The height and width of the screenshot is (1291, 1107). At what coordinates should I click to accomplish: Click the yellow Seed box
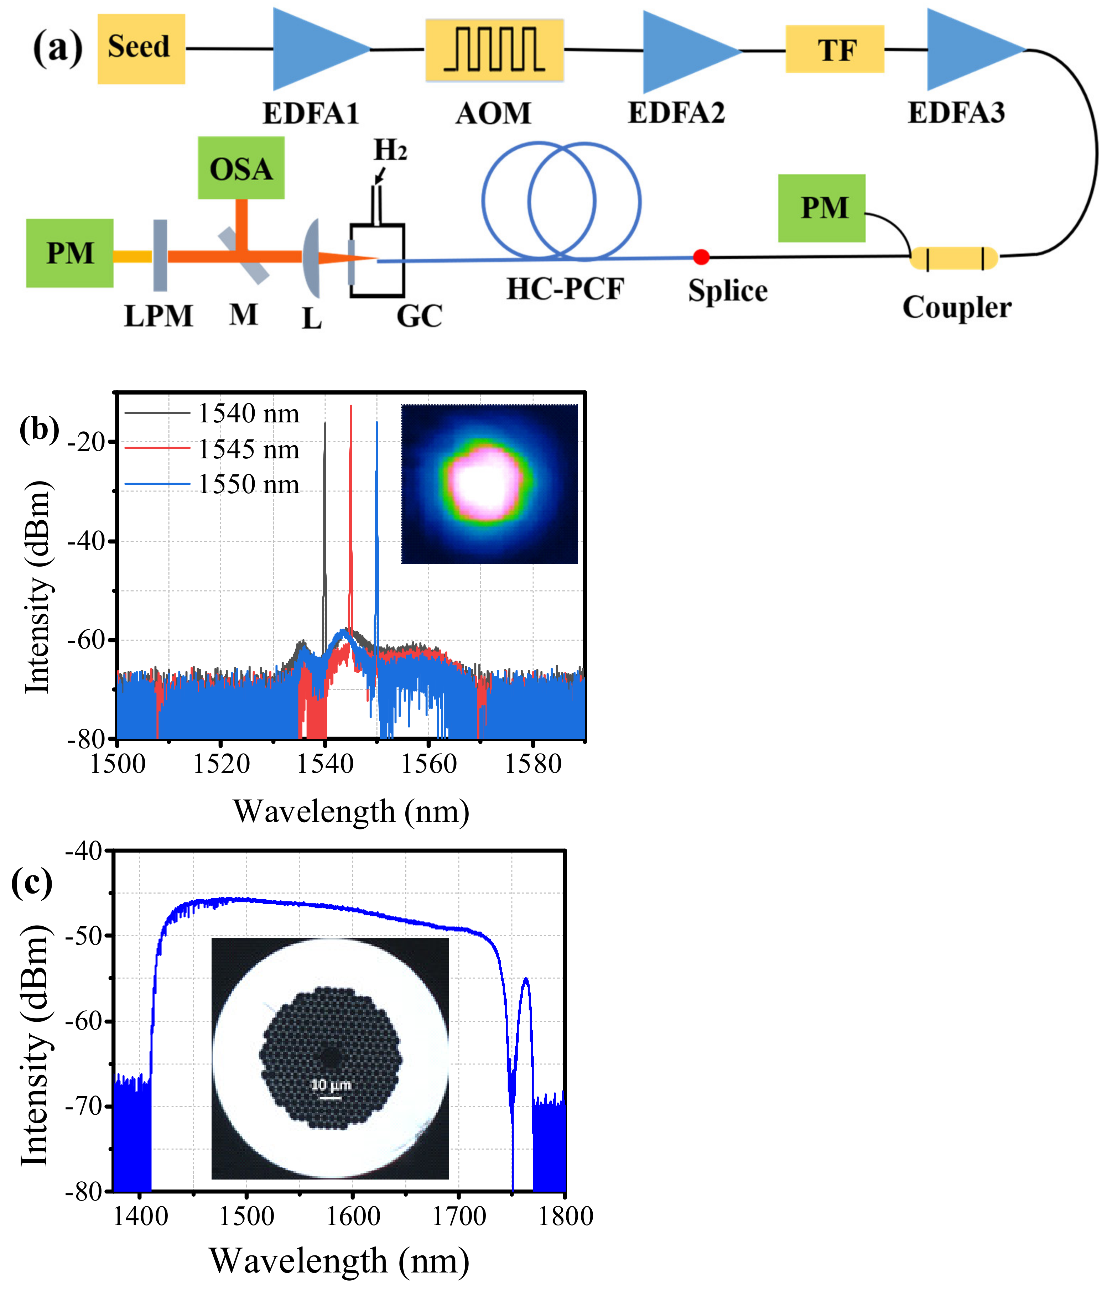click(x=141, y=48)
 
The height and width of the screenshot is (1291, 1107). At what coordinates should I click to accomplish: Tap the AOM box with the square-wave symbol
click(x=494, y=50)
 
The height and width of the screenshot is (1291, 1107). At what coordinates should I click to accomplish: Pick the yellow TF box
click(x=834, y=49)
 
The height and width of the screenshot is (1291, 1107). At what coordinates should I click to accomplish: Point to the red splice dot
click(x=701, y=257)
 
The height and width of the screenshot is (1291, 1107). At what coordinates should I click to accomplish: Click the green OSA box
click(x=241, y=168)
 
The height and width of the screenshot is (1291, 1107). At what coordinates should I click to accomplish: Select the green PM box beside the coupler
click(x=821, y=208)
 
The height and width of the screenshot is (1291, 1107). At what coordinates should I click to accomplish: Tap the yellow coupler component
click(x=954, y=258)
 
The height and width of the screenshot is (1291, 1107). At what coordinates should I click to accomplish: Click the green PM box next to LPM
click(x=69, y=253)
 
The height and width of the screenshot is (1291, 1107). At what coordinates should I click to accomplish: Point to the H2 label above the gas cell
click(x=390, y=150)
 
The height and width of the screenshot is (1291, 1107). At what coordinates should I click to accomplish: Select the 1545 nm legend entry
click(x=248, y=449)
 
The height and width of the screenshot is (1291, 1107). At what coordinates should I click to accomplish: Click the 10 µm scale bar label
click(x=331, y=1085)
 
